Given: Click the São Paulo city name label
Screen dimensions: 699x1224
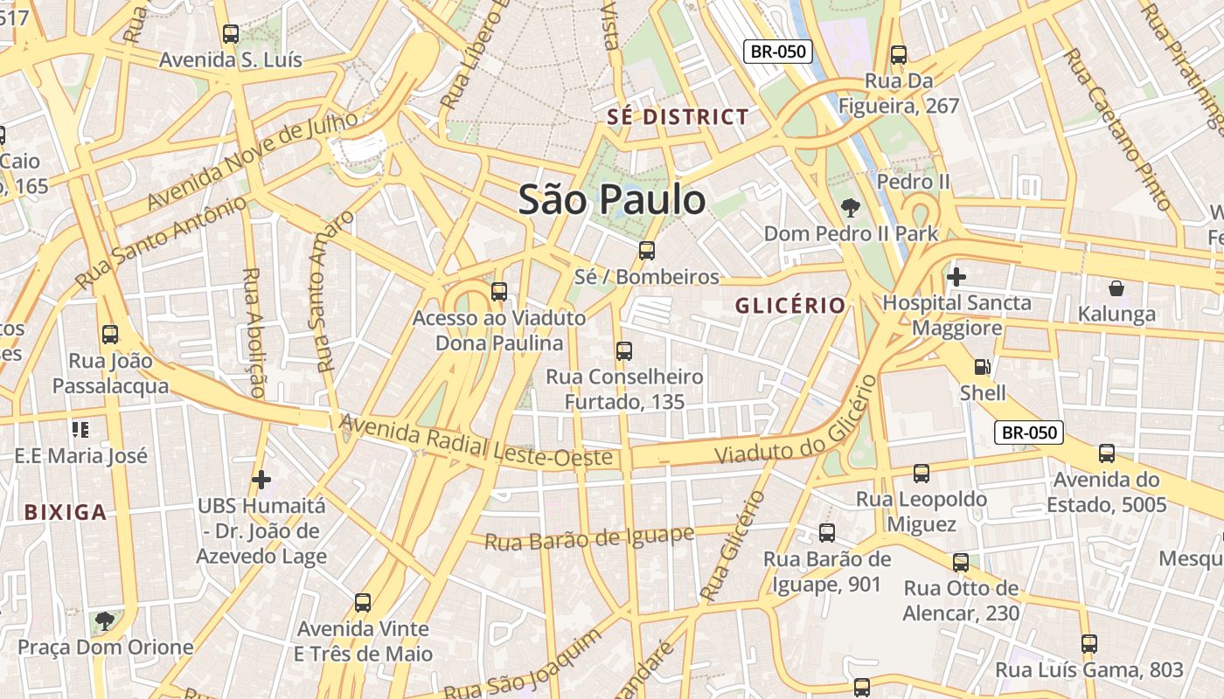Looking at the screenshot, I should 612,200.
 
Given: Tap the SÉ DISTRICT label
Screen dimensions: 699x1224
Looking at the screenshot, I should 678,117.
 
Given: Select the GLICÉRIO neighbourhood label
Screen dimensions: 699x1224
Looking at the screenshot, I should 790,306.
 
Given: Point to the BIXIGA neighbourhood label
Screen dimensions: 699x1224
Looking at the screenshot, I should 66,513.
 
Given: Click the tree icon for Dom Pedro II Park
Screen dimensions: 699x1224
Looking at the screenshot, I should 849,207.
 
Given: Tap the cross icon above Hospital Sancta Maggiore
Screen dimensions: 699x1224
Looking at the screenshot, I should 956,277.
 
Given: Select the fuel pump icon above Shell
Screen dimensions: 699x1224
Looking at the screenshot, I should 983,367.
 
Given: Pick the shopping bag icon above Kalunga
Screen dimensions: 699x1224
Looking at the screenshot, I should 1116,287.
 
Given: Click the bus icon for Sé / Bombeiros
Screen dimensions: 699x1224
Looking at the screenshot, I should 647,251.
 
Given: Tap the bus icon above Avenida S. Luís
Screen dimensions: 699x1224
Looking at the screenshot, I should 231,34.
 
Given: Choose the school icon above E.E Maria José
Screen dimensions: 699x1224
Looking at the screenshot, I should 80,429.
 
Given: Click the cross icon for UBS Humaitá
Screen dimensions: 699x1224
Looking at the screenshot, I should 261,480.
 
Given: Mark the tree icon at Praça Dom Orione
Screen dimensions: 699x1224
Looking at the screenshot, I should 105,621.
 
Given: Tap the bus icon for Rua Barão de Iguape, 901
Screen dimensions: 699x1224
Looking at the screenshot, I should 827,532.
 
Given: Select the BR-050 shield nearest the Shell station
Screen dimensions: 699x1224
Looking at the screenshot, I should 1029,432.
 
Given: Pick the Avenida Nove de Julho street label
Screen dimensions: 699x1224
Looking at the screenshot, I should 254,161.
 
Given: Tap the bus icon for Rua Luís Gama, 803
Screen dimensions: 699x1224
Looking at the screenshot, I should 1088,644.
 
